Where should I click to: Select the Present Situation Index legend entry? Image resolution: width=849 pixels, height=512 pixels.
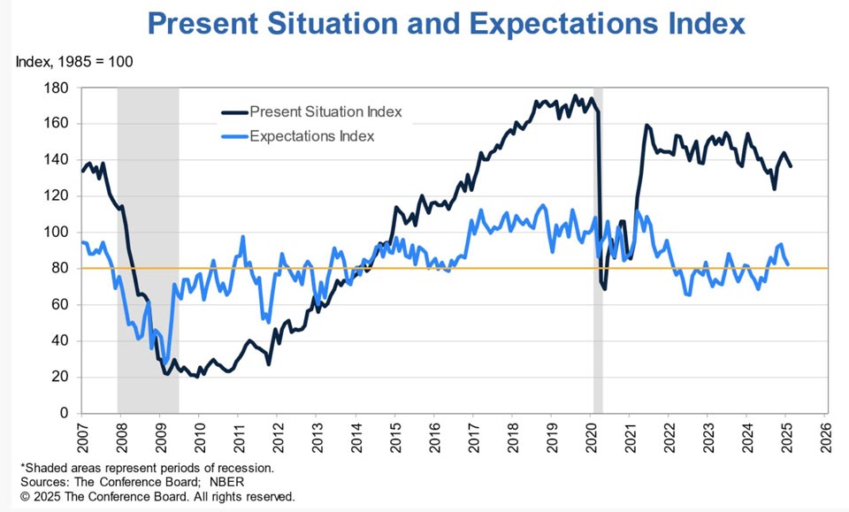point(312,112)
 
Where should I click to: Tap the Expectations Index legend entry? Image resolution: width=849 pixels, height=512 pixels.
point(298,136)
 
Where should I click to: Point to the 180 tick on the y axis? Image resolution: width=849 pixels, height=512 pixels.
point(56,88)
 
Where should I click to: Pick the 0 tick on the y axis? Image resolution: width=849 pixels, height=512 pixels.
point(64,413)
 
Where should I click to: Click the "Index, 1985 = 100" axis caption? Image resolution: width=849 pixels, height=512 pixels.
point(74,62)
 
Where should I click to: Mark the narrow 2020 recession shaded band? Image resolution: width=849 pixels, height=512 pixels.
point(598,250)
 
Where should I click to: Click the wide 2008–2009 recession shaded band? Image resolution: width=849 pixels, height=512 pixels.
point(148,250)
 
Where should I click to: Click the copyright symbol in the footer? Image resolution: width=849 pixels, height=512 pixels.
point(25,496)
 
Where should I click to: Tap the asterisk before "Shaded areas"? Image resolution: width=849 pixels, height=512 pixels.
point(23,467)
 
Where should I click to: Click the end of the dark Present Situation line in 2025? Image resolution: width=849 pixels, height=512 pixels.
point(790,165)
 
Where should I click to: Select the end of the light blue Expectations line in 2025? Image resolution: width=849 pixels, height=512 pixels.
point(787,264)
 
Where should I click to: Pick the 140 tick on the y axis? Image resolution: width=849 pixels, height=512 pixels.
point(56,160)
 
